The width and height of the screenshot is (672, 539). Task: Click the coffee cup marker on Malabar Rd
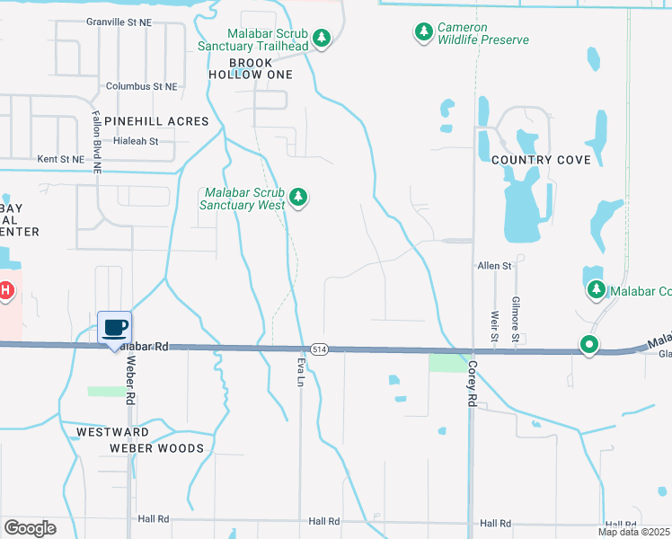tap(114, 327)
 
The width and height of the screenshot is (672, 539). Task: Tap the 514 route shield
tap(319, 349)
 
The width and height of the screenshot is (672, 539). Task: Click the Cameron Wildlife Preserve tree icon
tap(423, 33)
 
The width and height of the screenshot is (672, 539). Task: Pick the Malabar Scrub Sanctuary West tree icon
tap(299, 198)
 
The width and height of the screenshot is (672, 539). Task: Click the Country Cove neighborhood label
tap(542, 160)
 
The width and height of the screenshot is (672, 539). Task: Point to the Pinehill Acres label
tap(156, 121)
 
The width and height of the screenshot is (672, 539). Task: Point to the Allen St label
tap(493, 266)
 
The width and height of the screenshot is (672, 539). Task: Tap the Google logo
tap(30, 528)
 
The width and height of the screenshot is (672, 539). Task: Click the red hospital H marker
tap(4, 290)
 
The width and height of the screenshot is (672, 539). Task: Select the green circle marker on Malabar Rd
tap(589, 344)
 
